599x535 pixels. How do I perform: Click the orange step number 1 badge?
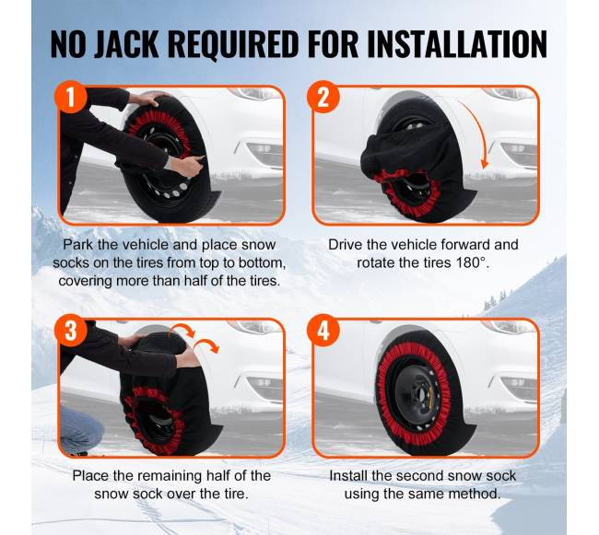[71, 97]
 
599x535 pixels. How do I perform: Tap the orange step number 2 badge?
[323, 97]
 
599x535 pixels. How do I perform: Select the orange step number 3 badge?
[71, 330]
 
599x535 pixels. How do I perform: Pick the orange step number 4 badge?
[323, 330]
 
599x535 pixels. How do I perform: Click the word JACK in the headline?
[126, 44]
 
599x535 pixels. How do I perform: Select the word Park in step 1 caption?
[78, 245]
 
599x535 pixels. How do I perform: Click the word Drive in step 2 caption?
[346, 245]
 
